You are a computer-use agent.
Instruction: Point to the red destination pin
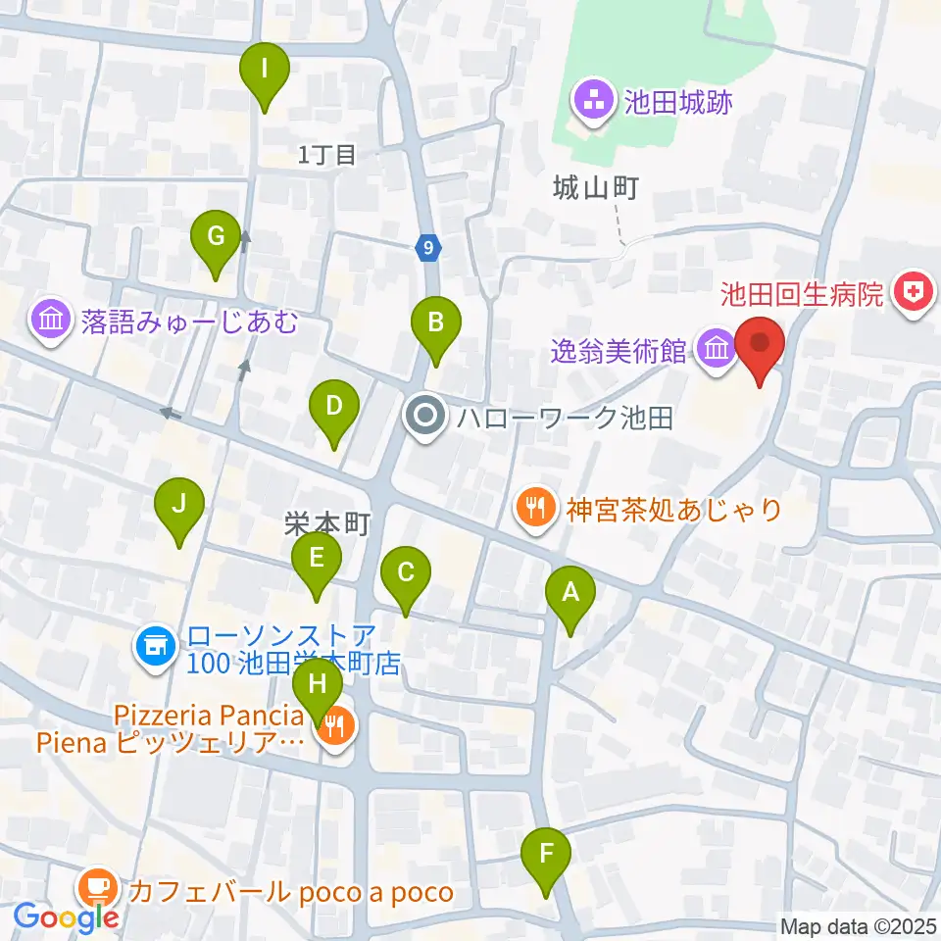761,345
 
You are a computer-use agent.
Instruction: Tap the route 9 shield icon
427,249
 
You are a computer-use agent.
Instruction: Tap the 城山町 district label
595,187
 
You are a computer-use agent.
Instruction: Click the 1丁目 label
325,155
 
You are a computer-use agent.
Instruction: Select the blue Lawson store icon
155,644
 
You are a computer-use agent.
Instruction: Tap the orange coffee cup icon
100,888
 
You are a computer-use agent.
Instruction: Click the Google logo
67,917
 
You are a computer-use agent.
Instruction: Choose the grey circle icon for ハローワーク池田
425,418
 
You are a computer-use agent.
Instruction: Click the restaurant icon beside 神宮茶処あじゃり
534,508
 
